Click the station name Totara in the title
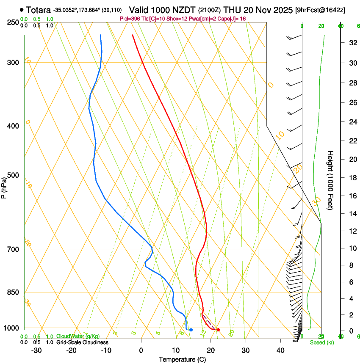39,10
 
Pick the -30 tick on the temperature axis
36,350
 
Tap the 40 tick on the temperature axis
280,350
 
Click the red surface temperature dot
218,330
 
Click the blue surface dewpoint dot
191,330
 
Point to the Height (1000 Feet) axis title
331,180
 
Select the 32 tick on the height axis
352,43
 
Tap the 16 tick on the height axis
352,196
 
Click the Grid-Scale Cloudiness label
82,342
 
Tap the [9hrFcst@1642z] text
320,10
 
